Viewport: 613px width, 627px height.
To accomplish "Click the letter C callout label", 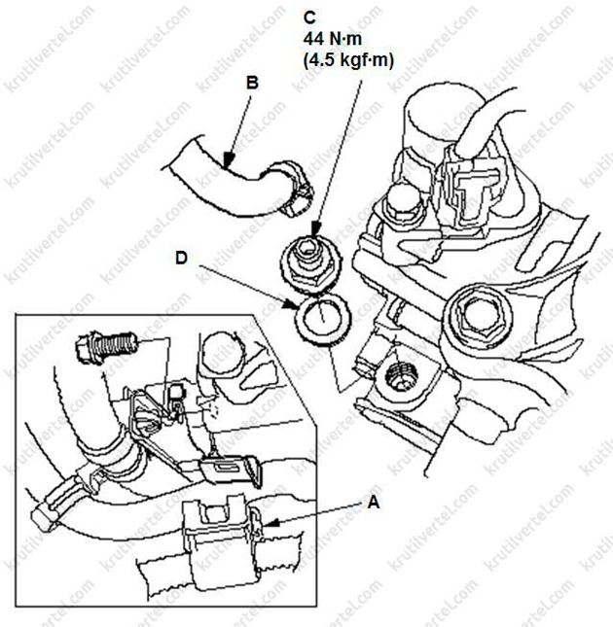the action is coord(309,18).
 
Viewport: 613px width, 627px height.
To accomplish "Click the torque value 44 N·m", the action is coord(333,39).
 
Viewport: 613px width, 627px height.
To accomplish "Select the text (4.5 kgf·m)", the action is coord(348,60).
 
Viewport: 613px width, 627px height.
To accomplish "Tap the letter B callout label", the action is coord(252,83).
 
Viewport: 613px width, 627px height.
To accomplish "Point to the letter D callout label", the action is coord(181,258).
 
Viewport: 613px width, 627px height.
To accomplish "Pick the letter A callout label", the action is coord(374,503).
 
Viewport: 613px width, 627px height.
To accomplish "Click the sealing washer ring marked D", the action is coord(322,318).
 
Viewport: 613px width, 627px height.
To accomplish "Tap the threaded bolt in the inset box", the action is coord(106,346).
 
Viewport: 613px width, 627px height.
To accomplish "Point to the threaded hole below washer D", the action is coord(401,376).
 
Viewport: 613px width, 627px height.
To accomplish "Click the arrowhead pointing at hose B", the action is coord(228,162).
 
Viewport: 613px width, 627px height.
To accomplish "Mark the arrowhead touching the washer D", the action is coord(291,304).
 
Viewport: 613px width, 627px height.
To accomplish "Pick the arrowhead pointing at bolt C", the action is coord(315,230).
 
